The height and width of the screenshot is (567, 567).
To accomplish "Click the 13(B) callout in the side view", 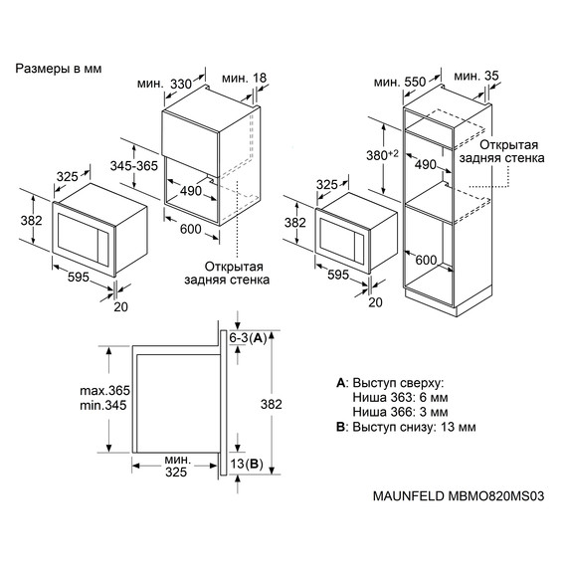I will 246,464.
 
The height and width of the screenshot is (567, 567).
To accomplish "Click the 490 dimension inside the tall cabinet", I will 426,165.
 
